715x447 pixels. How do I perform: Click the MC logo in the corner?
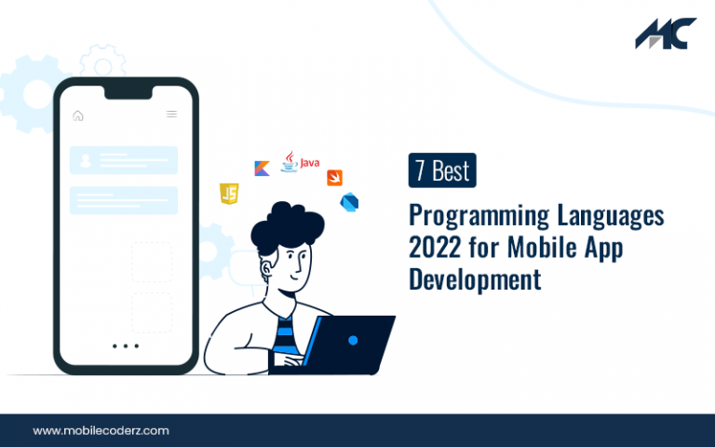click(x=666, y=34)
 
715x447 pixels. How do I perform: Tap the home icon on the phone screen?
click(x=78, y=115)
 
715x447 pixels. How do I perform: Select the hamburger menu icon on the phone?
click(x=171, y=114)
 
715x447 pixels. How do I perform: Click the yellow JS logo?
click(x=229, y=194)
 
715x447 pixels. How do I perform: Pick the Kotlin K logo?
click(x=262, y=169)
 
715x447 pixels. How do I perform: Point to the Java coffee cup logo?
click(x=290, y=162)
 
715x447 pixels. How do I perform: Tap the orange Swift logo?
click(x=335, y=178)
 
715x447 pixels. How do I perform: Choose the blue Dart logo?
click(x=349, y=202)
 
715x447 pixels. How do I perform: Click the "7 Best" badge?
click(x=442, y=170)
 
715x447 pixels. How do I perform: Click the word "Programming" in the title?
click(x=479, y=216)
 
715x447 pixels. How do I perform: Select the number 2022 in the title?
click(x=435, y=247)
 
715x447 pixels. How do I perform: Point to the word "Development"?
click(x=475, y=279)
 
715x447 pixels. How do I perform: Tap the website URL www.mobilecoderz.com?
click(x=101, y=430)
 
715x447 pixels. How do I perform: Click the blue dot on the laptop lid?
click(x=353, y=340)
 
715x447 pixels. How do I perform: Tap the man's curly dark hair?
click(x=287, y=226)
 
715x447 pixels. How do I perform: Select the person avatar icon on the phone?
click(x=86, y=160)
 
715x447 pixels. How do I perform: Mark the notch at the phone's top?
click(x=128, y=92)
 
